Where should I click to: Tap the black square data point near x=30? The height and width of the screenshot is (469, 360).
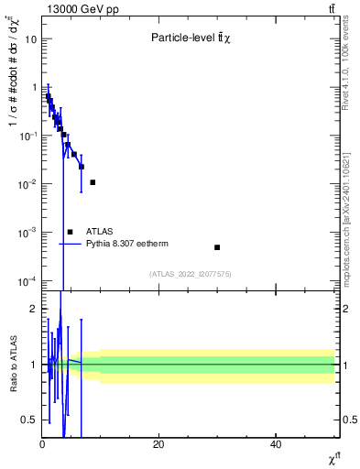[x=217, y=247]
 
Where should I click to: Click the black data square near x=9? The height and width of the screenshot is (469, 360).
[x=93, y=182]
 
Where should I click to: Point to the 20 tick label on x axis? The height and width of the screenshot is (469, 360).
[x=158, y=444]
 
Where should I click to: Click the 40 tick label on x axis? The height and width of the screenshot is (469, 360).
[x=276, y=444]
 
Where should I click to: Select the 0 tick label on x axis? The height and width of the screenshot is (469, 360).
[x=42, y=444]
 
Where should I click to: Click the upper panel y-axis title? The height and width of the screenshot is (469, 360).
[x=14, y=101]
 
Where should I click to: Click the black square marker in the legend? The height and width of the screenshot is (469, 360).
[x=70, y=232]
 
